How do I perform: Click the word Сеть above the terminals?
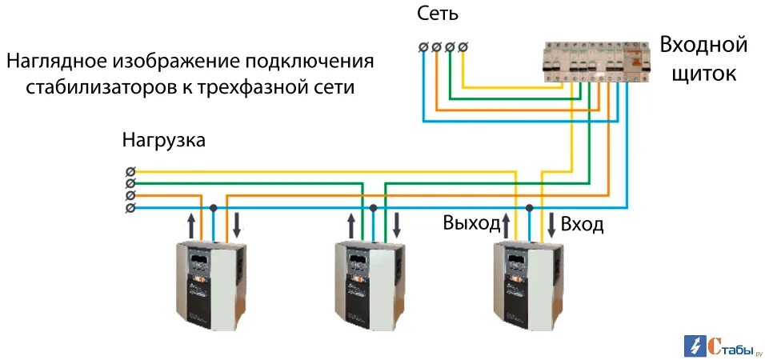(438, 14)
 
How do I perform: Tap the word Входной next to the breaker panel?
(703, 45)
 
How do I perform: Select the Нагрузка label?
(163, 141)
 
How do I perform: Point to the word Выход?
(471, 223)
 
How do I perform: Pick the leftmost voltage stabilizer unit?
(210, 286)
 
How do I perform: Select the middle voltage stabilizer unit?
(369, 286)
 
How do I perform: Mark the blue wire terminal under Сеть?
(423, 48)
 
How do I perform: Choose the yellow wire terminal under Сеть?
(463, 48)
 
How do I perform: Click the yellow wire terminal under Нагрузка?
(130, 171)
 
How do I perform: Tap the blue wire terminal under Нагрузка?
(130, 208)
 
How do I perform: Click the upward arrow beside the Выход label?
(505, 224)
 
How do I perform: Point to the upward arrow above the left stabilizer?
(190, 225)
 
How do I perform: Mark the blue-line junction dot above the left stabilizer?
(213, 208)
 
